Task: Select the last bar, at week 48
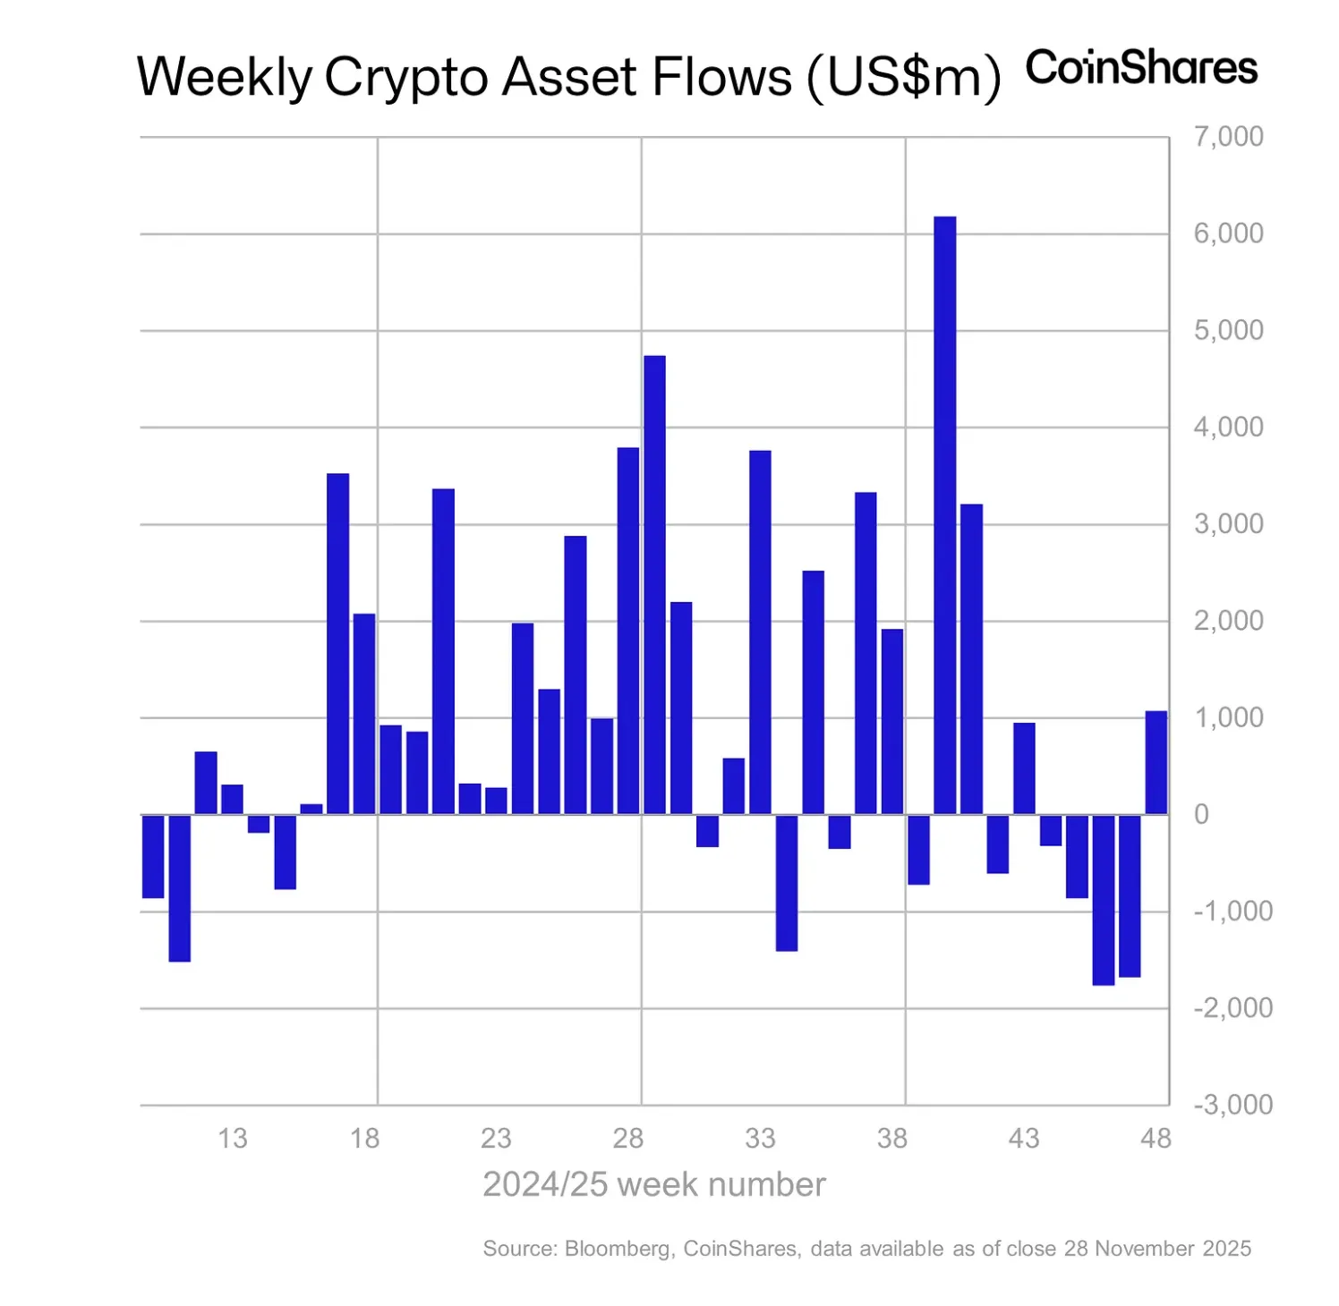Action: pyautogui.click(x=1156, y=762)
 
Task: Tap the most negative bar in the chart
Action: pyautogui.click(x=1103, y=899)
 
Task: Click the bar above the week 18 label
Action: pyautogui.click(x=364, y=713)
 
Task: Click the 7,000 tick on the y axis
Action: pyautogui.click(x=1228, y=137)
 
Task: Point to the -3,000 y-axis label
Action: pyautogui.click(x=1232, y=1105)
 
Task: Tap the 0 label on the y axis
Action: pyautogui.click(x=1201, y=815)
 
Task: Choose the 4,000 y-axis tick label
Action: pyautogui.click(x=1228, y=428)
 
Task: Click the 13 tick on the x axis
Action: pyautogui.click(x=232, y=1139)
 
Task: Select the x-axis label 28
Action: pyautogui.click(x=628, y=1139)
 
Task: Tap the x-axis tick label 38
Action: pyautogui.click(x=891, y=1139)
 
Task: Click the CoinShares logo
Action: pyautogui.click(x=1141, y=68)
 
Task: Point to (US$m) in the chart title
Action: pyautogui.click(x=903, y=79)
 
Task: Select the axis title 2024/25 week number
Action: pyautogui.click(x=653, y=1184)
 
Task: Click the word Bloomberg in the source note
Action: pyautogui.click(x=618, y=1249)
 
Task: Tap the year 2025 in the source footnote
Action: pyautogui.click(x=1226, y=1249)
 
